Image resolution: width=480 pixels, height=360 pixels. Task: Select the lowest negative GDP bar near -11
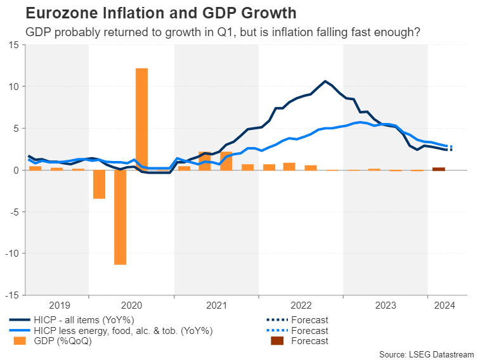click(x=120, y=217)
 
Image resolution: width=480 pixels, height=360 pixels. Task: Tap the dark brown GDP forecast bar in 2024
click(x=438, y=169)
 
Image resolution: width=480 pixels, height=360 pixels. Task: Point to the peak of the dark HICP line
click(x=325, y=81)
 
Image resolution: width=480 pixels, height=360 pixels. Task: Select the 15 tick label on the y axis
click(x=13, y=45)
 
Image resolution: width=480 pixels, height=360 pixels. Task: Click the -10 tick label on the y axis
click(x=11, y=254)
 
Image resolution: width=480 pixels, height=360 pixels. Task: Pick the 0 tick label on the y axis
click(x=16, y=170)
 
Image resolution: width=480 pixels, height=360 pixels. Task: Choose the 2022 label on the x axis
click(x=301, y=305)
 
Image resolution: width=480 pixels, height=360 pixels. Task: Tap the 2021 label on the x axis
click(x=216, y=305)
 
